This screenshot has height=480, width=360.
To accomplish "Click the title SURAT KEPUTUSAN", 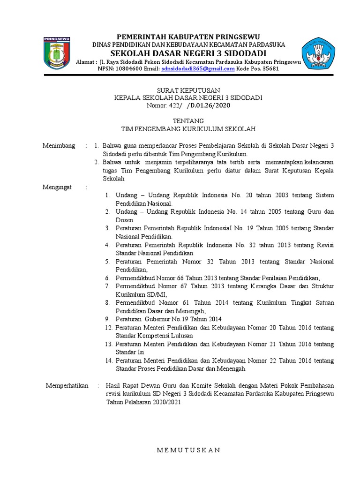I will click(188, 90).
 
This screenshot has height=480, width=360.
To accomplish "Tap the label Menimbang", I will click(59, 146).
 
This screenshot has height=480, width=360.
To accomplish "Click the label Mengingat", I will click(58, 187).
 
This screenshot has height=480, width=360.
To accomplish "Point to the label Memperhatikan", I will click(67, 385).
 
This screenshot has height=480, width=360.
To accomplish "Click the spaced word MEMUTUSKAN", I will click(188, 450).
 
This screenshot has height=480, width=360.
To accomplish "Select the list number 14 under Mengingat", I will click(109, 360).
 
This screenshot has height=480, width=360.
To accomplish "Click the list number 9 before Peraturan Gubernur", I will click(107, 319).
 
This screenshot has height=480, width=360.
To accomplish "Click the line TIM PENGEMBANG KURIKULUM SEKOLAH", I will click(188, 129).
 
